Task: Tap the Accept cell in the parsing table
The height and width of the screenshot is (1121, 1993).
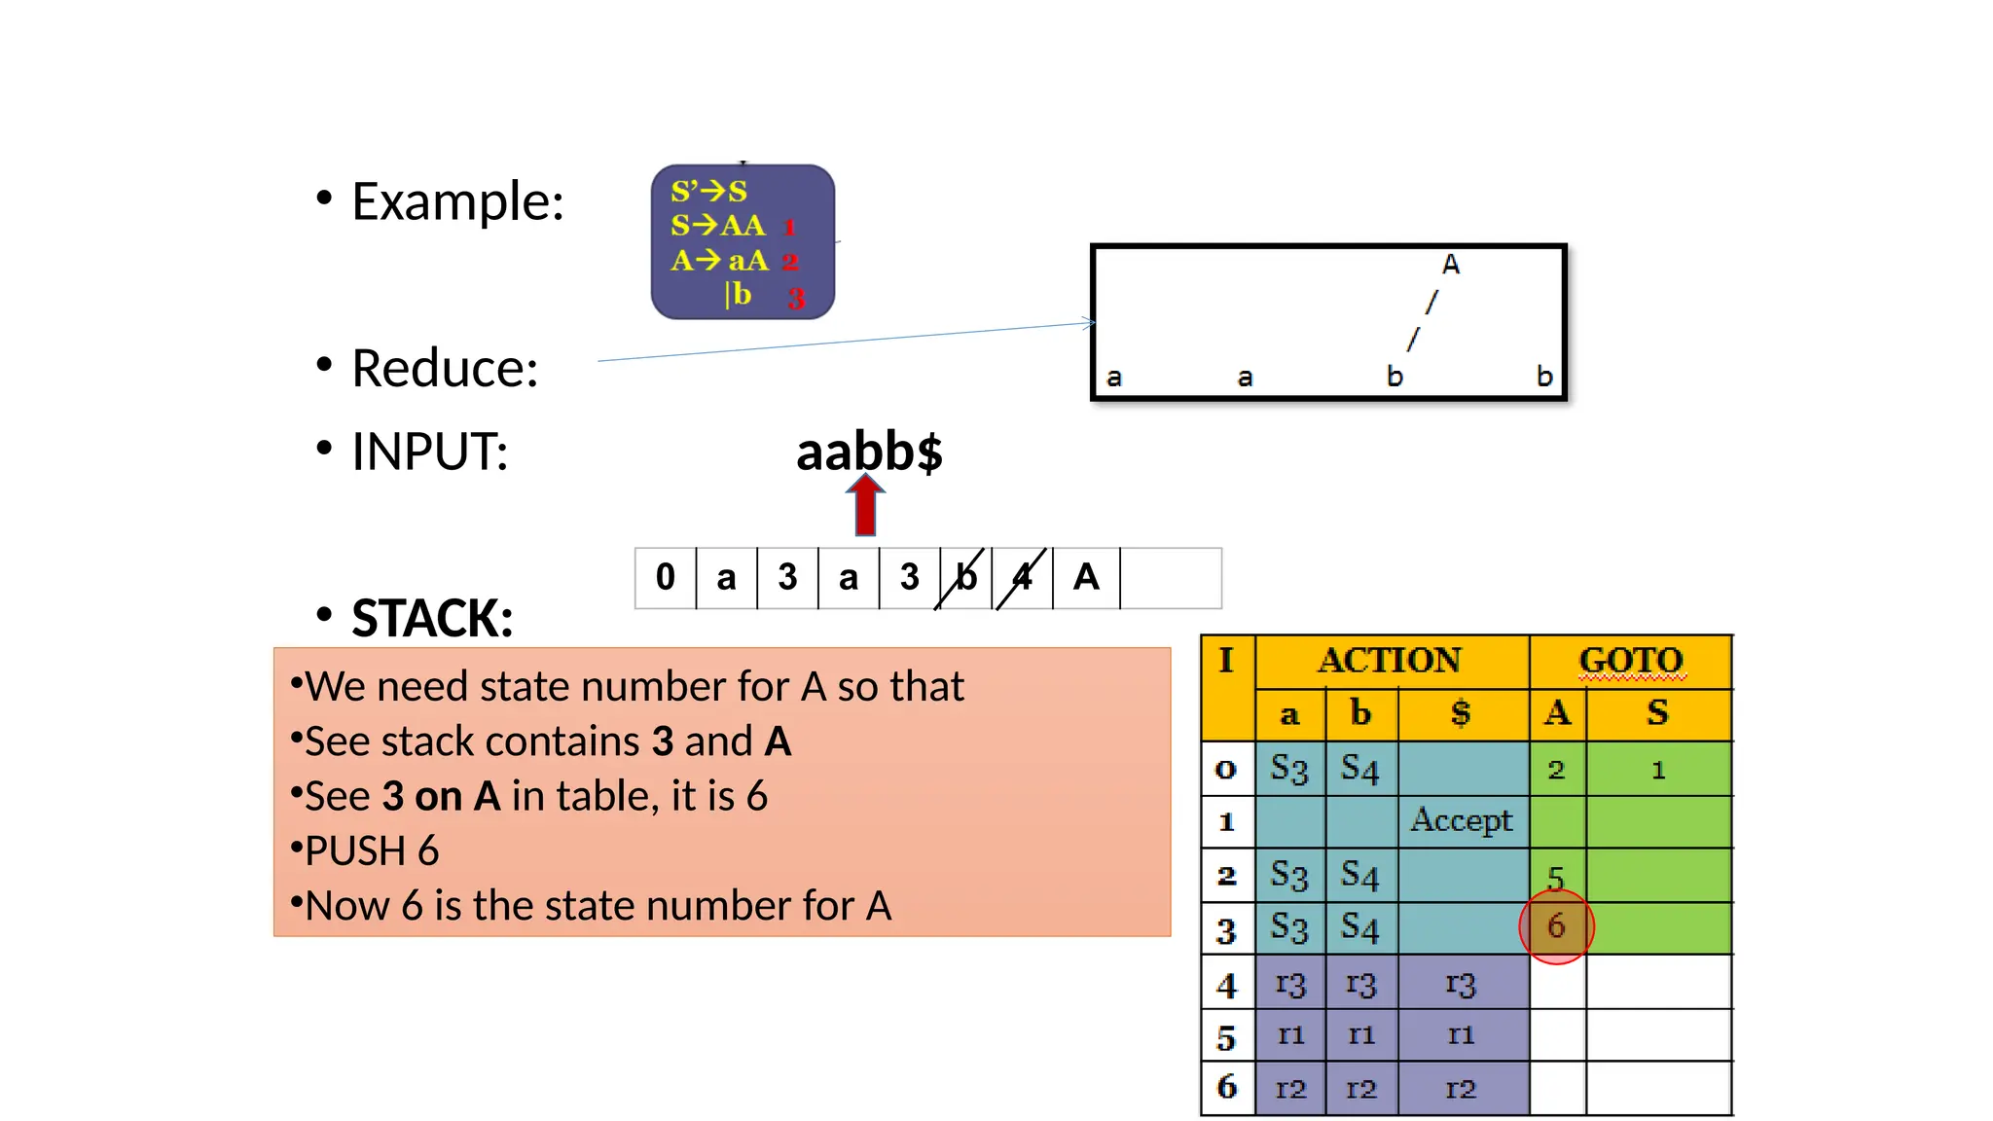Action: click(1462, 820)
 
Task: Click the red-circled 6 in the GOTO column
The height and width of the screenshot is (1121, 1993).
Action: click(1556, 925)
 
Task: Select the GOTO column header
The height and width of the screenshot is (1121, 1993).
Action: click(1631, 661)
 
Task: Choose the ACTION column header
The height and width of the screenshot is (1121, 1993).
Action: click(1390, 661)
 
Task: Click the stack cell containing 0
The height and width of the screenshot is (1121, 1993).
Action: click(666, 577)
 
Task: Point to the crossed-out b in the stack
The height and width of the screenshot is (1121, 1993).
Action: click(965, 577)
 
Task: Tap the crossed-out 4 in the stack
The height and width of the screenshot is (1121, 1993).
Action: click(1022, 577)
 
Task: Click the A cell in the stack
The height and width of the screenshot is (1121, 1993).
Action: click(1086, 577)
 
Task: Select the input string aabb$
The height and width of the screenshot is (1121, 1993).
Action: click(869, 452)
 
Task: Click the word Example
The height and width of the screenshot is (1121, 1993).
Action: click(457, 201)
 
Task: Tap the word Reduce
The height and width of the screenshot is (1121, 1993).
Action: click(445, 369)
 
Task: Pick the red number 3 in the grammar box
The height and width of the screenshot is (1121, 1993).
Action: click(796, 298)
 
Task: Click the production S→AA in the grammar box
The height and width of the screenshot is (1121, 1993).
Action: click(718, 226)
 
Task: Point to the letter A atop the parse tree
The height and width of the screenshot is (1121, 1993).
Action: click(1450, 265)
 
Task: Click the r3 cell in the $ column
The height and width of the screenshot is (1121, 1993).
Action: click(1461, 984)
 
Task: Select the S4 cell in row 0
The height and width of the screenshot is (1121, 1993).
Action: click(1359, 769)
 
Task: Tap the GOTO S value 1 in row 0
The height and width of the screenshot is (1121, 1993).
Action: click(1658, 770)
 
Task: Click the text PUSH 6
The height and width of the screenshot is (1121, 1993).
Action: click(372, 850)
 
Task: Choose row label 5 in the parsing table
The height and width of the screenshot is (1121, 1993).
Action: click(1226, 1037)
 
